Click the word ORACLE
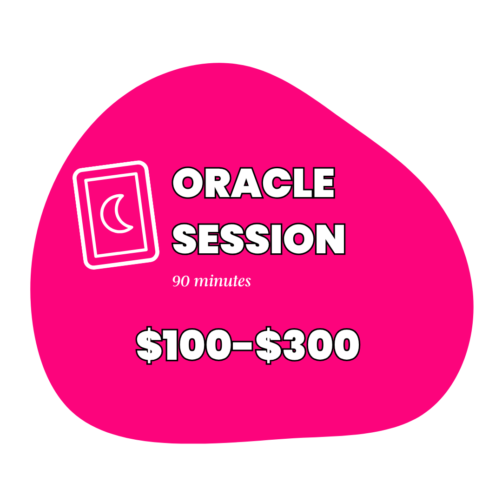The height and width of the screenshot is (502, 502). point(253,183)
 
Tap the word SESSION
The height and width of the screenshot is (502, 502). point(259,239)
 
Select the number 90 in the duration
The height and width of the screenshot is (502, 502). point(181,281)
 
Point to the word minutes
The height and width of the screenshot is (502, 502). point(223,281)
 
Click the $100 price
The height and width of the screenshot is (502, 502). point(184,345)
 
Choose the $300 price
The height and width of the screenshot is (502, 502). point(308,345)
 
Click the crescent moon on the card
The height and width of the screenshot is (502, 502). point(116,213)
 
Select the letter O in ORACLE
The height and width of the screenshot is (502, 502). point(188,183)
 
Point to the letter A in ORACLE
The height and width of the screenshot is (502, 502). point(246,183)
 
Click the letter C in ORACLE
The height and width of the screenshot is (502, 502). point(277,183)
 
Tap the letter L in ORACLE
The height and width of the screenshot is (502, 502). point(303,183)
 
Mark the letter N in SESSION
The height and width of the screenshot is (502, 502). point(330,239)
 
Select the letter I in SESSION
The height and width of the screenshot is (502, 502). point(276,239)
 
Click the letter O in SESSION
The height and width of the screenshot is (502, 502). point(298,239)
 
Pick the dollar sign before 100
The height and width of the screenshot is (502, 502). point(149,345)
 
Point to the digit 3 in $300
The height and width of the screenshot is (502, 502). point(295,345)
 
